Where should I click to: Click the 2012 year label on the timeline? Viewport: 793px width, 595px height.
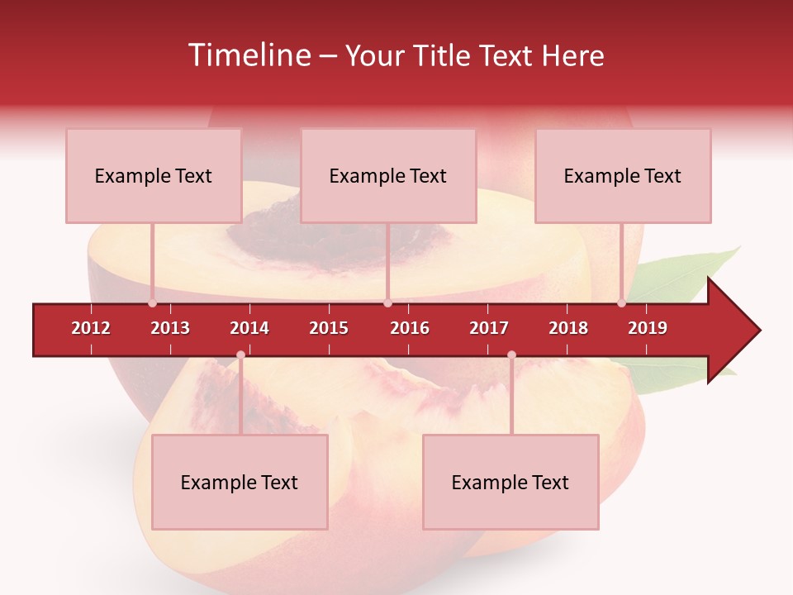pyautogui.click(x=91, y=328)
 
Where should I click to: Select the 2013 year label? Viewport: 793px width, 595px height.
pyautogui.click(x=170, y=328)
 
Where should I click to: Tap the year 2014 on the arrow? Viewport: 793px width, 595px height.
pyautogui.click(x=249, y=328)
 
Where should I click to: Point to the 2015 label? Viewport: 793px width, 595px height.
pyautogui.click(x=329, y=328)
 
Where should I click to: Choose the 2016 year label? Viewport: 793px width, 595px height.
pyautogui.click(x=410, y=328)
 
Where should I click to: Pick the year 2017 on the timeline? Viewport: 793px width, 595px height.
pyautogui.click(x=489, y=328)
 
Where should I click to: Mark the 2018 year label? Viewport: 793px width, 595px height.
pyautogui.click(x=568, y=328)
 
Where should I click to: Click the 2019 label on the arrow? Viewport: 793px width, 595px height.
pyautogui.click(x=648, y=328)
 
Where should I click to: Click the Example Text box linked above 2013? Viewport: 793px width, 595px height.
pyautogui.click(x=154, y=176)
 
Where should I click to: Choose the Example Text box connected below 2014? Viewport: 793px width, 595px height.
pyautogui.click(x=240, y=483)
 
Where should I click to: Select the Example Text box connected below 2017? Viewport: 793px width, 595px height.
pyautogui.click(x=510, y=483)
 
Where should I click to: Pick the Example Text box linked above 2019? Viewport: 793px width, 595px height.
pyautogui.click(x=623, y=176)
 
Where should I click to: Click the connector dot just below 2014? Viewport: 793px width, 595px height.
pyautogui.click(x=240, y=355)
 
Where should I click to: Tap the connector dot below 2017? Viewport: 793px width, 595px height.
pyautogui.click(x=511, y=355)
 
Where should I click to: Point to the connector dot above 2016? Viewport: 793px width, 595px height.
pyautogui.click(x=387, y=303)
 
